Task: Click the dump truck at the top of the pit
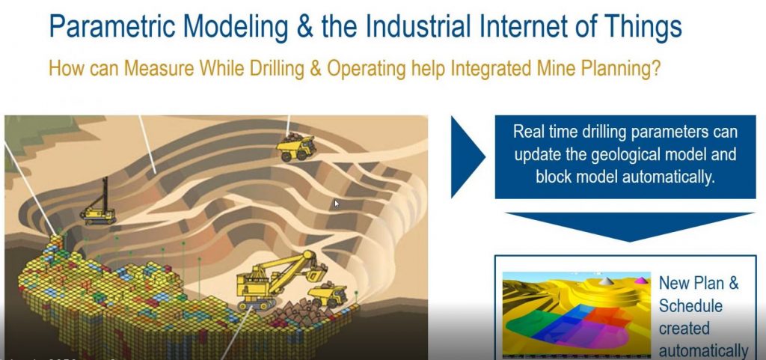(296, 144)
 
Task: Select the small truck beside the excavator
(328, 293)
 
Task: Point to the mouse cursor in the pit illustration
(336, 203)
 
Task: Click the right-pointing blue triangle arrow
(467, 156)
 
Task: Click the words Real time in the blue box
(542, 132)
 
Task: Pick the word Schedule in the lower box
(690, 305)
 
